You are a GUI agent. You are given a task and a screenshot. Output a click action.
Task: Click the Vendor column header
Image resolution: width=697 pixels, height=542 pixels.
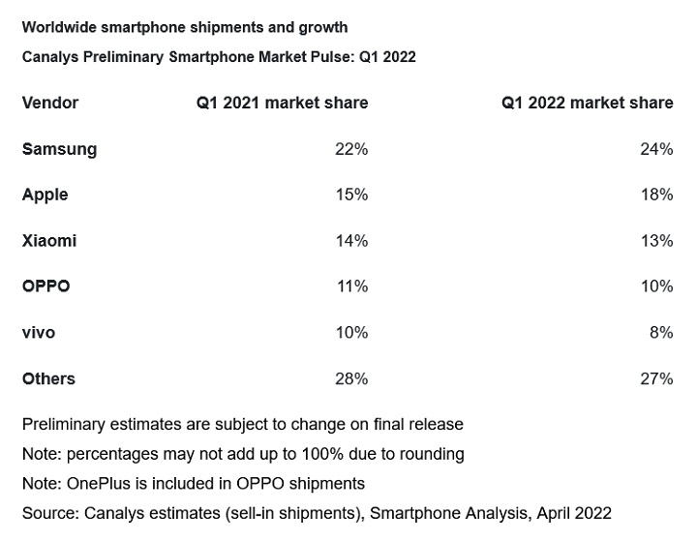[x=50, y=103]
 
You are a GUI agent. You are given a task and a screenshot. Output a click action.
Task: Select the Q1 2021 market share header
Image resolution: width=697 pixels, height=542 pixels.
[x=282, y=103]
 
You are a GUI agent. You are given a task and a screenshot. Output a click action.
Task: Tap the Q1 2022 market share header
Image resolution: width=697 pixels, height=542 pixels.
[x=587, y=103]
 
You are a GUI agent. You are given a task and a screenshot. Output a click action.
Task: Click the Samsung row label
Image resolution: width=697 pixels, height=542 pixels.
[x=59, y=149]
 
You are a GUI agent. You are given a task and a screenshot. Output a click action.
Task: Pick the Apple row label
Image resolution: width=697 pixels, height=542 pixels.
[x=45, y=195]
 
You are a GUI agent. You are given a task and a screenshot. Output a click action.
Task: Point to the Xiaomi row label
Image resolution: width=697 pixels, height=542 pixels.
[x=48, y=240]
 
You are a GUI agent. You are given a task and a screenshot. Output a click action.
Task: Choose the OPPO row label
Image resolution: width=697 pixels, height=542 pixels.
[x=45, y=286]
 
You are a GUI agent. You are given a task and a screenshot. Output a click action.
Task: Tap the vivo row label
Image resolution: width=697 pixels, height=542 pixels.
[x=39, y=332]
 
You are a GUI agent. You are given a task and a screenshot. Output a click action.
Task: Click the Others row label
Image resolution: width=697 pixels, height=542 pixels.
[x=48, y=378]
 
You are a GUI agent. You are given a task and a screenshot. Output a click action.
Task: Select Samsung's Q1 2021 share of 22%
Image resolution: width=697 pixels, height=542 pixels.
[x=351, y=149]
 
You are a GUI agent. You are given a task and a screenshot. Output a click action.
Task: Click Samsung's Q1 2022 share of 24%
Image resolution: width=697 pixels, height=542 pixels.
[x=656, y=149]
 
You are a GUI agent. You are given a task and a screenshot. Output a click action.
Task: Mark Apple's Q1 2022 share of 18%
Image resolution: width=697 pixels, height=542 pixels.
[x=656, y=195]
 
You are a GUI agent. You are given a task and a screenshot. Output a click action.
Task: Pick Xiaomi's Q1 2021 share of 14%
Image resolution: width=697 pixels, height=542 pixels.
[x=351, y=240]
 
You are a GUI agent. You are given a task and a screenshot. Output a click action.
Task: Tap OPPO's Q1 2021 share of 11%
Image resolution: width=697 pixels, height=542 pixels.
[x=351, y=286]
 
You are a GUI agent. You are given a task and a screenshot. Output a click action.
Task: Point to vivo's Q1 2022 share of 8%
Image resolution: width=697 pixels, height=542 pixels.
[x=661, y=332]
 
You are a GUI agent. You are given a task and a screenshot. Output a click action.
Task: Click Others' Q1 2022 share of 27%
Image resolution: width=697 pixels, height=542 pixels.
[x=656, y=378]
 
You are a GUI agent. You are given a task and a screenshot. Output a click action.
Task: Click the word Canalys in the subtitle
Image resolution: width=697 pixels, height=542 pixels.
[x=48, y=56]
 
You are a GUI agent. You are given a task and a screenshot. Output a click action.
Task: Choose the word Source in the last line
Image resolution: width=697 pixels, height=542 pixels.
[x=48, y=513]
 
